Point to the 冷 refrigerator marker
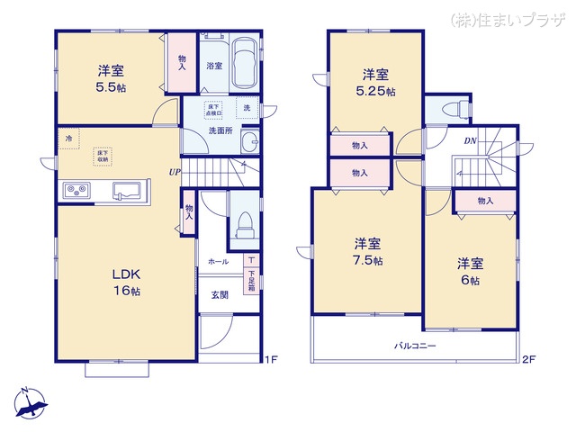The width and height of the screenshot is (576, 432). pos(68,139)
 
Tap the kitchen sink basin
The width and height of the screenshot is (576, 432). pos(126,190)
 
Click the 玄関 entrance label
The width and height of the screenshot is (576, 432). pos(219,294)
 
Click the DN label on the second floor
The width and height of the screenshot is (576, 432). pos(470,141)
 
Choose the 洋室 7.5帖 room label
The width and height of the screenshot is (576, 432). pos(366,251)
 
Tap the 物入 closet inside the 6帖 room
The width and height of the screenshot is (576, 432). pos(485,201)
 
